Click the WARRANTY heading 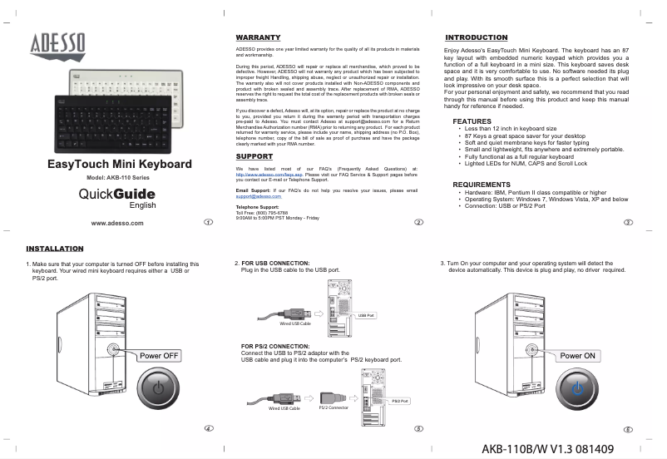(x=257, y=38)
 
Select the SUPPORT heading (x=254, y=156)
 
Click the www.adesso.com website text (x=122, y=223)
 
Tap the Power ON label (x=578, y=355)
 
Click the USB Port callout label (x=367, y=316)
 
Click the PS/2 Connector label (x=333, y=407)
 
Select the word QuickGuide (x=116, y=194)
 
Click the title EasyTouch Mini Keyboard (x=120, y=165)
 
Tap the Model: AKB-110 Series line (x=118, y=180)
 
